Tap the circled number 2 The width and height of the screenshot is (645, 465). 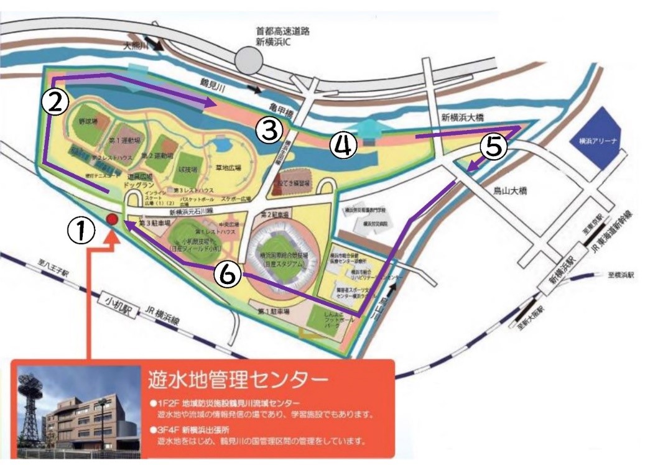[x=55, y=103]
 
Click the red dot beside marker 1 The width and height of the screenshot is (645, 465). [x=112, y=219]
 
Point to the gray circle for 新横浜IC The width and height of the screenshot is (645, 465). [x=250, y=60]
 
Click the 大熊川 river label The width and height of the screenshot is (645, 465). [x=137, y=45]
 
